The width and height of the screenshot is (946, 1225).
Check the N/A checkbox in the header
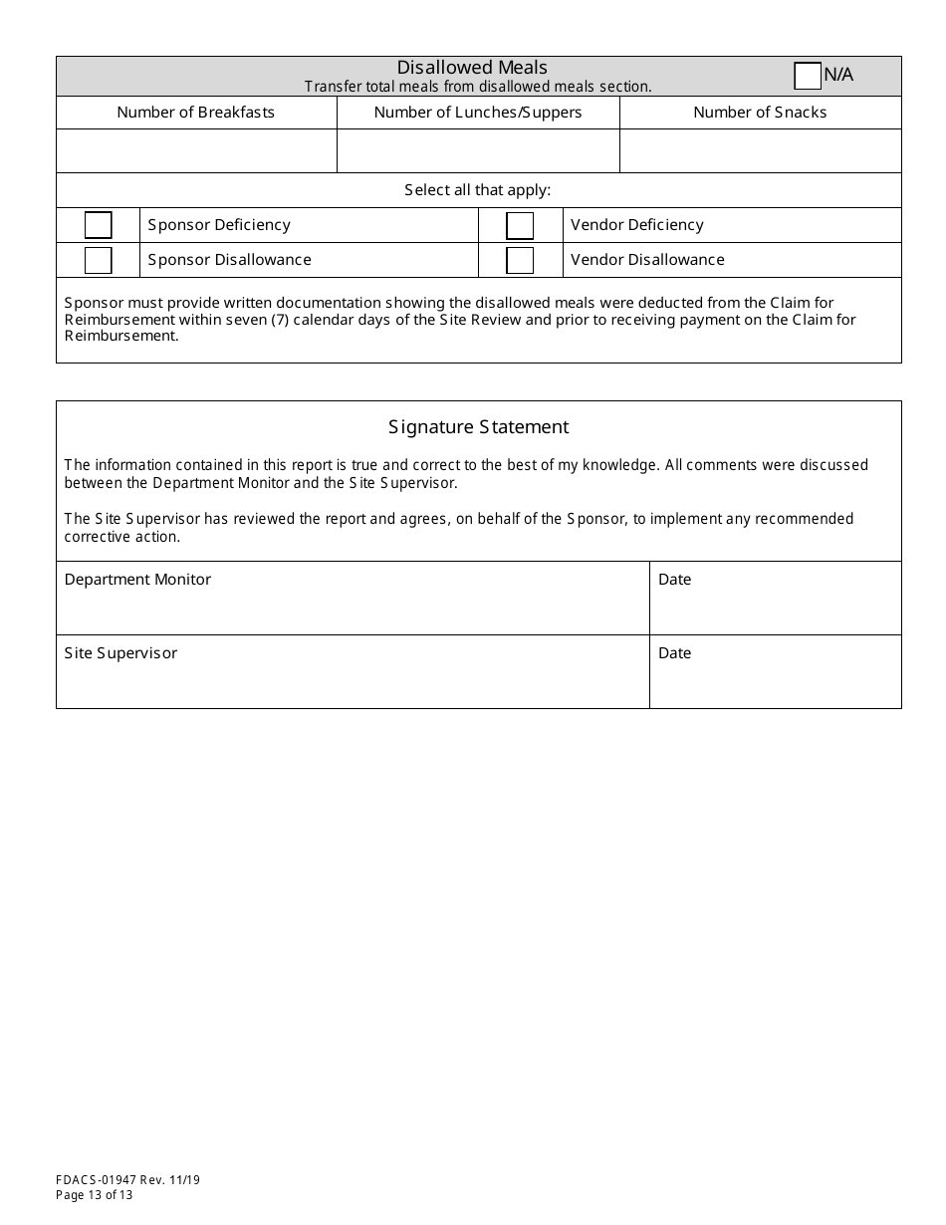808,76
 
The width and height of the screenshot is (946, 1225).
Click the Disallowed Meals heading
472,68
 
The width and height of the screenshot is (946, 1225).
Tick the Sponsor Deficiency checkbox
98,225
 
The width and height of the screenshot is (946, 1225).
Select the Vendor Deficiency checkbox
520,226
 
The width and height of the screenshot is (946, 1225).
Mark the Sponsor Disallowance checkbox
98,260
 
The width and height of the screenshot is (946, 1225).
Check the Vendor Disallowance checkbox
520,260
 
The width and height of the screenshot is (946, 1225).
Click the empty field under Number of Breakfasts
196,150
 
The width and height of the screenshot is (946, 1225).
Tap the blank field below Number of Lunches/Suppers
478,150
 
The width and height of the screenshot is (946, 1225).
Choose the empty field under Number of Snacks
760,150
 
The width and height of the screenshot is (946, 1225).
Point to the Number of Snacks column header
760,113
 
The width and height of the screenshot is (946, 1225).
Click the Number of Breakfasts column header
196,113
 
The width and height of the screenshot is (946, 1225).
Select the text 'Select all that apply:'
478,190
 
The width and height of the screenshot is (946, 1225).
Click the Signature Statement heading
478,427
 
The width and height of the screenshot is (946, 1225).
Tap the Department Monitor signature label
137,580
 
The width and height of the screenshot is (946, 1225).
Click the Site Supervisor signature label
120,653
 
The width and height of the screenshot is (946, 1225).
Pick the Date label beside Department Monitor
674,580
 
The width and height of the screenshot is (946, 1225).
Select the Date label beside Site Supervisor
674,653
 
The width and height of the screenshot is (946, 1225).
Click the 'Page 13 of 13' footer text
95,1195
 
